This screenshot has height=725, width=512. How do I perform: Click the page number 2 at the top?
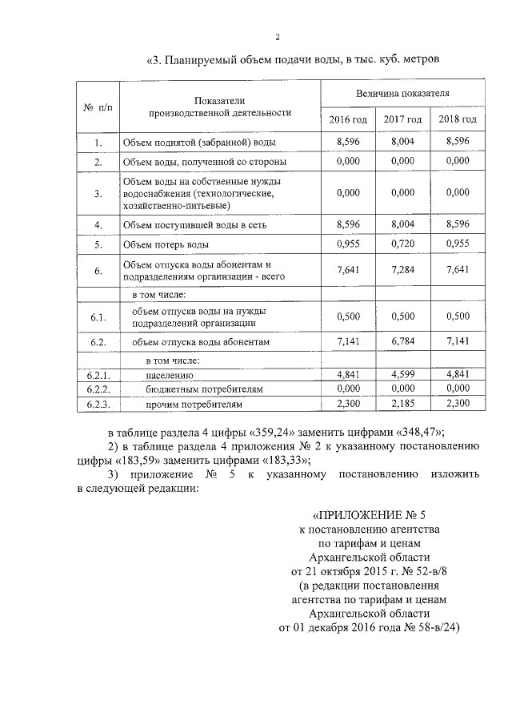tap(277, 37)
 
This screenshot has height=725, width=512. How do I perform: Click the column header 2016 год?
tap(348, 119)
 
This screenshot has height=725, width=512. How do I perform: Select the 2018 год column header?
tap(458, 119)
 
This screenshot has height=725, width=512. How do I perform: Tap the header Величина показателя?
tap(402, 93)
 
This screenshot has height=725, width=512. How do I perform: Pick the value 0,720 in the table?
tap(402, 244)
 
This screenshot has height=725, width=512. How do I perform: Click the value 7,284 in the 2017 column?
tap(402, 271)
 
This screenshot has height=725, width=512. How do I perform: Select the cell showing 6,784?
tap(402, 342)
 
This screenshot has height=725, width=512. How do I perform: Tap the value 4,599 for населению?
tap(402, 374)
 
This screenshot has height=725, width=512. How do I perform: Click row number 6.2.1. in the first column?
tap(98, 374)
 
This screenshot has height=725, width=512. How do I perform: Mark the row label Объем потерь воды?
tap(166, 244)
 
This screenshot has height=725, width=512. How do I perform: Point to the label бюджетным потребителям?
tap(205, 389)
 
